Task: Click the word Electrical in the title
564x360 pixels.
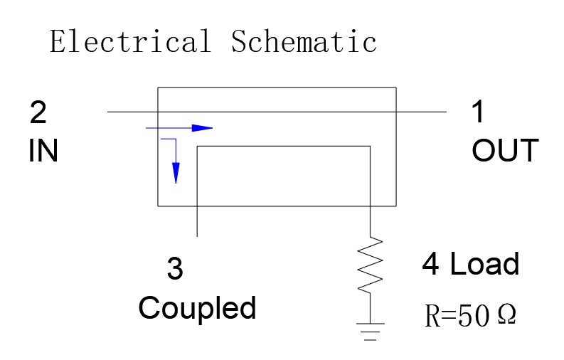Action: [x=130, y=41]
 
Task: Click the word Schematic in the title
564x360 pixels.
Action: [x=304, y=41]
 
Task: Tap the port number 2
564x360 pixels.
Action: [x=38, y=112]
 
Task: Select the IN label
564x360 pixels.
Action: [x=43, y=151]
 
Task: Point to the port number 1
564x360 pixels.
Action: [x=478, y=112]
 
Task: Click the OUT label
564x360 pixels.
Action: [x=506, y=151]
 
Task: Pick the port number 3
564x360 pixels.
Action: [x=175, y=268]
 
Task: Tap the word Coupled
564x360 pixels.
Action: [x=197, y=309]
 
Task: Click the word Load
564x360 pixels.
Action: [x=484, y=264]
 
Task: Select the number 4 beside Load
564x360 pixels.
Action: [x=430, y=264]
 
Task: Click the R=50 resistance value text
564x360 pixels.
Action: [x=457, y=316]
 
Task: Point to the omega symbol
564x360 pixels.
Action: [x=507, y=314]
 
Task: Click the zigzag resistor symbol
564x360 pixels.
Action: [x=370, y=265]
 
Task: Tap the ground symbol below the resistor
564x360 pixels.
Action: [x=370, y=332]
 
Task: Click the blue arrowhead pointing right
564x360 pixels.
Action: [x=202, y=127]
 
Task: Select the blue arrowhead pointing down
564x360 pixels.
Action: [x=176, y=173]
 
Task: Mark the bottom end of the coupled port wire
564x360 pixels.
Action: [x=197, y=236]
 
